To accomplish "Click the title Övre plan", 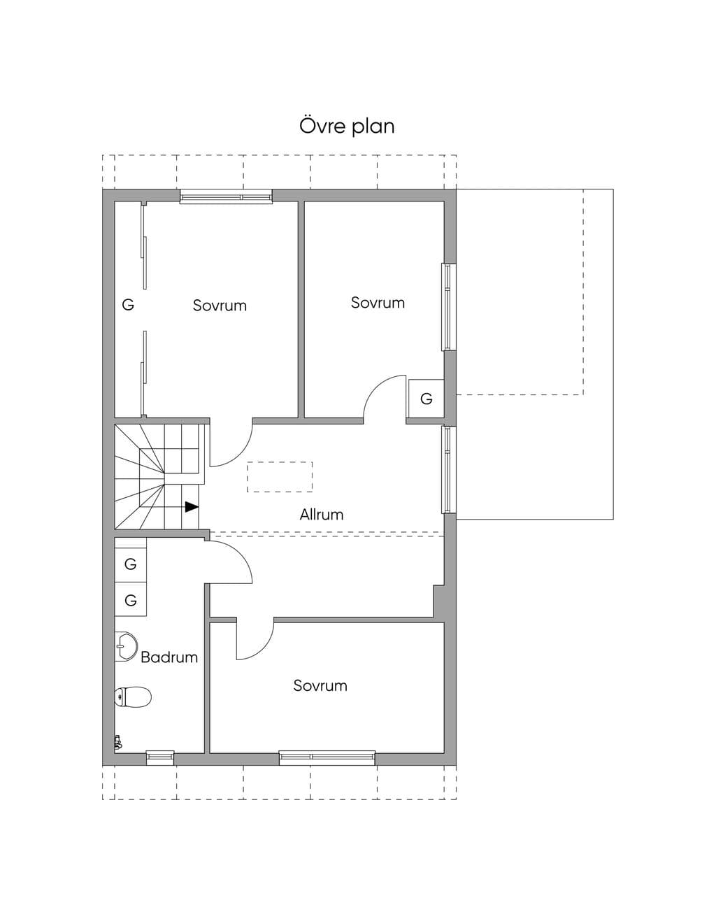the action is point(347,126).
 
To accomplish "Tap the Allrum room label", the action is point(321,515).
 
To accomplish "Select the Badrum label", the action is point(169,657).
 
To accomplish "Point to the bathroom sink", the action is point(126,646).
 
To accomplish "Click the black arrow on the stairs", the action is point(192,507).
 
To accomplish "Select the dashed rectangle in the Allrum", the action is point(280,476).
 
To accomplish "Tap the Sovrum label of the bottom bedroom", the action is point(320,685).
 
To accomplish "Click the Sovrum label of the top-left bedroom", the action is point(220,306).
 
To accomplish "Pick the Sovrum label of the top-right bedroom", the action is point(378,303).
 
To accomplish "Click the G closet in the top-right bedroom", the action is point(426,399).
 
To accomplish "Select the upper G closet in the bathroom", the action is point(130,564).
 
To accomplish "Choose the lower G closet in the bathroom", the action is point(130,599).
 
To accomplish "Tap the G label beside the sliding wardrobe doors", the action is point(128,304).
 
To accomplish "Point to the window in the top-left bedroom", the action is point(226,197).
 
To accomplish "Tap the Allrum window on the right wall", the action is point(449,469).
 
